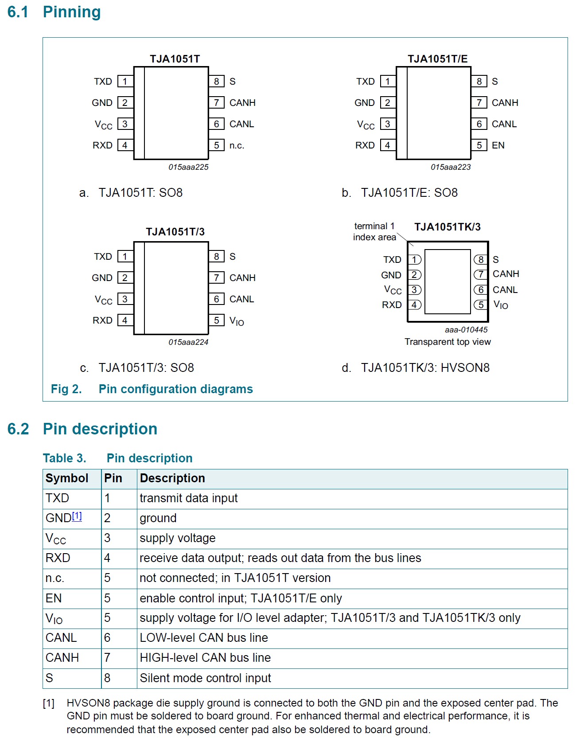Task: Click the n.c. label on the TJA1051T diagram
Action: click(237, 145)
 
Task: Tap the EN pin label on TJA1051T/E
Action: click(498, 145)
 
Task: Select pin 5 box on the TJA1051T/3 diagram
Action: click(216, 320)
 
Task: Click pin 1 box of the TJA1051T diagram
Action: click(125, 82)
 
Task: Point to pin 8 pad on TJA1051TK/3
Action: click(480, 260)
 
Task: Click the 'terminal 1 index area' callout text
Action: click(374, 232)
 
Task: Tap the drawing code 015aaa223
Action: click(451, 167)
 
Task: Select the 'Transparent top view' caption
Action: click(448, 342)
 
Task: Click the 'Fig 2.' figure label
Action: click(66, 389)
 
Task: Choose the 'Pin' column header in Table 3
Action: click(113, 478)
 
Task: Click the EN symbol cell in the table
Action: click(54, 598)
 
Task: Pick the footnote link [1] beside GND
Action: click(77, 516)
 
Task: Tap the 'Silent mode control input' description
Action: click(205, 678)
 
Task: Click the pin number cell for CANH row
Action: click(107, 658)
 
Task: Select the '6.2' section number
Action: click(18, 429)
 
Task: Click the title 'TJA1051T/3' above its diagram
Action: click(175, 232)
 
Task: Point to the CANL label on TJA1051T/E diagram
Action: click(504, 124)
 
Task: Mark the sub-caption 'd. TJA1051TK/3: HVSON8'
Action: click(416, 368)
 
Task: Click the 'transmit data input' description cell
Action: click(189, 498)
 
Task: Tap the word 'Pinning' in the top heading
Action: click(72, 12)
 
